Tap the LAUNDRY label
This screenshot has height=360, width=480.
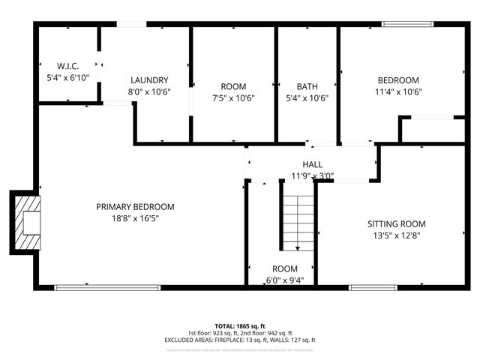(149, 80)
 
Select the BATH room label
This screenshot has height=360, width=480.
(307, 86)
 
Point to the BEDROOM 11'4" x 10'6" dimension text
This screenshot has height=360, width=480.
(398, 92)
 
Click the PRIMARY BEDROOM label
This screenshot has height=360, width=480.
(135, 207)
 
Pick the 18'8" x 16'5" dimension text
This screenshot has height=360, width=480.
(135, 218)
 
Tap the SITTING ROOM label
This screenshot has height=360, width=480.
(396, 223)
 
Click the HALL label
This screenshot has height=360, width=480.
(313, 165)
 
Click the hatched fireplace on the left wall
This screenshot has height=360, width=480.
(28, 223)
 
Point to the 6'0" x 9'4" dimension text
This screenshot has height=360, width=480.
(285, 280)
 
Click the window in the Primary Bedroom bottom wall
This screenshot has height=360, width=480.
(107, 286)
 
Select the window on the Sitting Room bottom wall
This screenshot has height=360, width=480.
(373, 286)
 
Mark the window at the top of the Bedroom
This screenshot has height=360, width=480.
(408, 24)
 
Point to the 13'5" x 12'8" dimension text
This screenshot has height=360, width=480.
(396, 235)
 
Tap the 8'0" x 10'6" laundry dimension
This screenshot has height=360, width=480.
(149, 92)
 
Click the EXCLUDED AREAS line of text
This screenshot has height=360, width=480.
(240, 340)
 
